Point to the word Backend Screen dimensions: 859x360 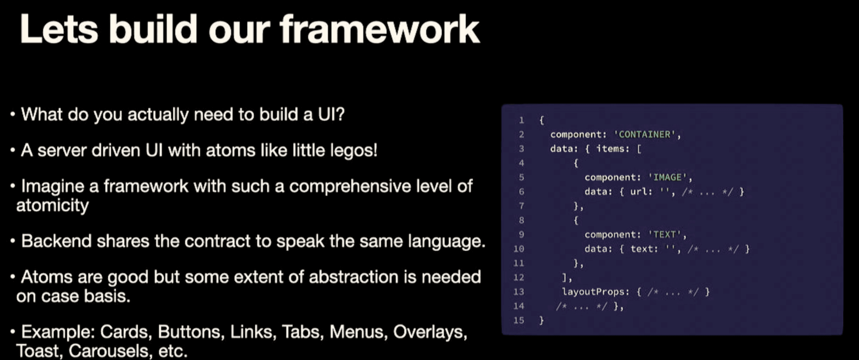point(56,241)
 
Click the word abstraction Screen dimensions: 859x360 point(354,277)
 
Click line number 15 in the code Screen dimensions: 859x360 point(519,320)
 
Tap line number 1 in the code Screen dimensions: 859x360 point(521,120)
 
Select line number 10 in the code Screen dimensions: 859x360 point(519,249)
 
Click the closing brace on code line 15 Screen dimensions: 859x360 point(542,321)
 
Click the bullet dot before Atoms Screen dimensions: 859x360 point(13,277)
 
